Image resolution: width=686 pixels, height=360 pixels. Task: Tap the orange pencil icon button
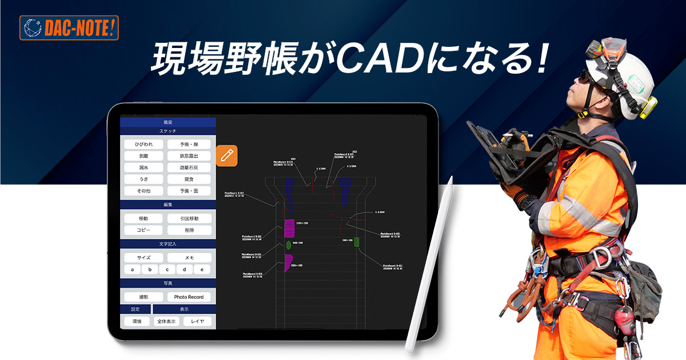(227, 156)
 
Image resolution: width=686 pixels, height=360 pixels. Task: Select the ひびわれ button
(143, 145)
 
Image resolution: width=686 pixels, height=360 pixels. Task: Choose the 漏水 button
(143, 168)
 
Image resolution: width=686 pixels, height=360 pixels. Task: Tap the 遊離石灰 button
(189, 168)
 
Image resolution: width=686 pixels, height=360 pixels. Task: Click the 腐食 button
(189, 179)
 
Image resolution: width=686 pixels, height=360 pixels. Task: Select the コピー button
(143, 230)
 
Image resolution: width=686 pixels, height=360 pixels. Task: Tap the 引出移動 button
(189, 218)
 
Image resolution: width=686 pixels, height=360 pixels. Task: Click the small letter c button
(167, 269)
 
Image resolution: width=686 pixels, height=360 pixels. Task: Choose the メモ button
(189, 258)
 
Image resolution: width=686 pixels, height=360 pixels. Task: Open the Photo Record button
(189, 297)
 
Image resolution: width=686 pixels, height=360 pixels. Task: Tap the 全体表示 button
(166, 321)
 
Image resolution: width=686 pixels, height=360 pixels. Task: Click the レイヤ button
(197, 321)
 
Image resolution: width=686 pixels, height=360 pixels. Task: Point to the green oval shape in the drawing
(289, 245)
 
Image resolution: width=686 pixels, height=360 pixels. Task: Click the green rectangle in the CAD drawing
(356, 242)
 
